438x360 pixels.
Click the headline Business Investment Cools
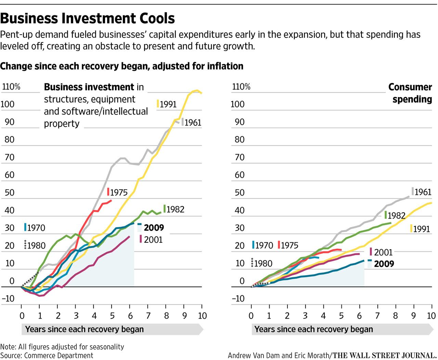88,18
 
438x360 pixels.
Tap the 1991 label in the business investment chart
168,104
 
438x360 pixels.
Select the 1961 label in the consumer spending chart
423,192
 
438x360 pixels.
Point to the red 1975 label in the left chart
118,192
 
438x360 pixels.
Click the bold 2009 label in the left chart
154,228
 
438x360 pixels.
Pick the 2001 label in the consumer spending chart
383,252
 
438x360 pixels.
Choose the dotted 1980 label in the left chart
36,245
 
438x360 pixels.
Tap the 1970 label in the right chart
264,245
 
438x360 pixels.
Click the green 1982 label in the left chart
175,209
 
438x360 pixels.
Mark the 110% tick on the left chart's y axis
11,87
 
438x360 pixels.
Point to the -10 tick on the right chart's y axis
238,298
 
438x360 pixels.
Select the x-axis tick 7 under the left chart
148,315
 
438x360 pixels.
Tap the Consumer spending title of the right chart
410,93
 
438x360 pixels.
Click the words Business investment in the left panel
89,87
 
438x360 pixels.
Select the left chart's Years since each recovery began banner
85,330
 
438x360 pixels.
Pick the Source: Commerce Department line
47,356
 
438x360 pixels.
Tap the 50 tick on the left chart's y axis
10,192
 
